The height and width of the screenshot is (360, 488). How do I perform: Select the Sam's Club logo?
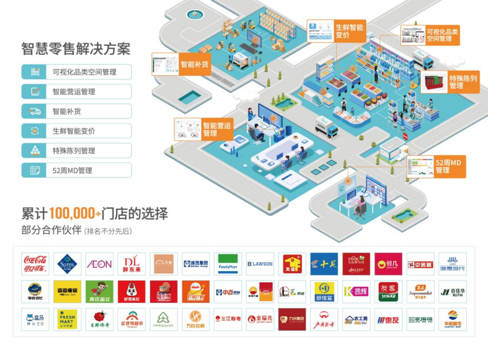[x=67, y=264]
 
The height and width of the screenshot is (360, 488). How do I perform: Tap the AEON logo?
[x=99, y=264]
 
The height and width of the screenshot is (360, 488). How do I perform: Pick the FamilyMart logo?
[x=227, y=264]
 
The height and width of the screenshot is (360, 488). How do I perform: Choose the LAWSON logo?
[x=260, y=264]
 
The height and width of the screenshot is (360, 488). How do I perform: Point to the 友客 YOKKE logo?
[x=388, y=292]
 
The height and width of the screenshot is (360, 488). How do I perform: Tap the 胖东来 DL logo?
[x=131, y=264]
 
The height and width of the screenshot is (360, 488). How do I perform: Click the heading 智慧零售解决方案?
[x=75, y=49]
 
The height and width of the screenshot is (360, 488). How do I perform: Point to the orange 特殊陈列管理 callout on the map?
[x=463, y=82]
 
